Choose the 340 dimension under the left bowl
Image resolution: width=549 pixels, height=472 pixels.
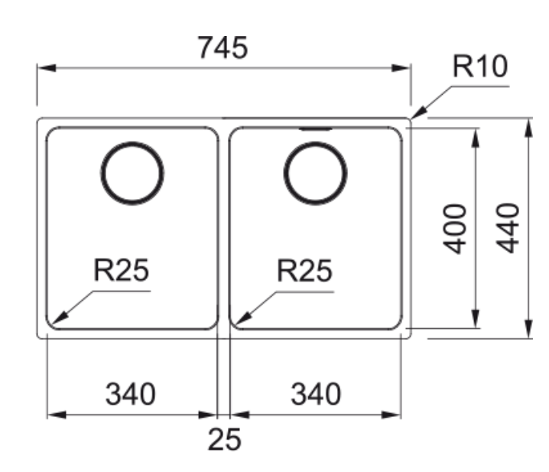coord(130,395)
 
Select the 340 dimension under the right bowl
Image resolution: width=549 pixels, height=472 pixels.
coord(315,395)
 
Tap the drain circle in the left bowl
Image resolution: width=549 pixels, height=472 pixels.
coord(132,174)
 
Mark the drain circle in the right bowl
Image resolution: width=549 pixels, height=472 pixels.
coord(315,174)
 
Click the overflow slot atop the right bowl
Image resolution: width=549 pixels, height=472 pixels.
coord(315,129)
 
